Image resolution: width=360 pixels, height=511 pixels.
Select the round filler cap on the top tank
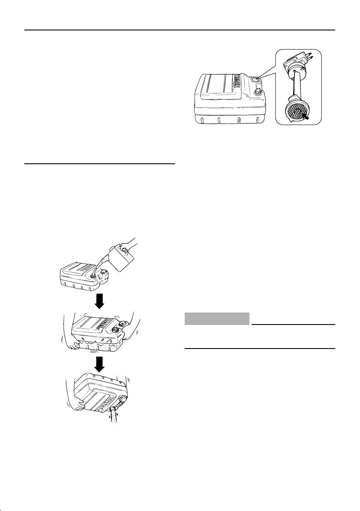259,91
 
